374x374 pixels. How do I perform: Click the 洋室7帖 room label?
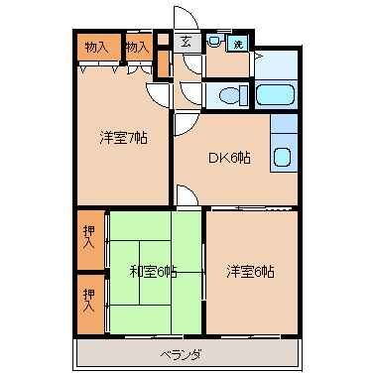tap(123, 138)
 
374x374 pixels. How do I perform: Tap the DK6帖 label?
tap(229, 158)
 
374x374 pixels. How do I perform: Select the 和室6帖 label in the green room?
tap(153, 272)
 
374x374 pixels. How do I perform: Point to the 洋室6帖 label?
tap(250, 272)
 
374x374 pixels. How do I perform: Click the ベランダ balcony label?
tap(181, 355)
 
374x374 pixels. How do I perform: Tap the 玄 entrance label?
tap(187, 43)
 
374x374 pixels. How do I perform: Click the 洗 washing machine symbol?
tap(238, 44)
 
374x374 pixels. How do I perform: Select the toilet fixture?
tap(234, 95)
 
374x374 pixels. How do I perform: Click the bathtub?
tap(275, 95)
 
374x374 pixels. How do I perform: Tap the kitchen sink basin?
tap(282, 157)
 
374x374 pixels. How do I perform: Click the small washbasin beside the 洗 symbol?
tap(214, 41)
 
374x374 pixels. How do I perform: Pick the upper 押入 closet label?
tap(89, 237)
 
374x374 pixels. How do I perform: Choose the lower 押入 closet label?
tap(89, 300)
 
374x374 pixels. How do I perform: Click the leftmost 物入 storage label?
tap(96, 48)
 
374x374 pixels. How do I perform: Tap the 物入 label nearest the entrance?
tap(137, 48)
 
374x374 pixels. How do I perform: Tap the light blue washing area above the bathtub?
tap(276, 65)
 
